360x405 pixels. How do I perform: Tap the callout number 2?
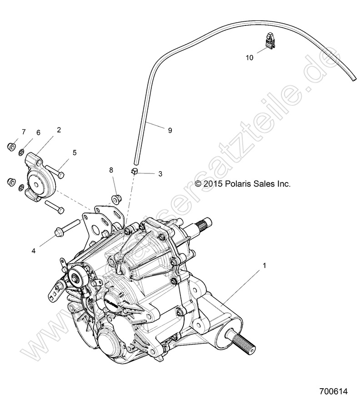59,130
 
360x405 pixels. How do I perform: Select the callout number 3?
160,173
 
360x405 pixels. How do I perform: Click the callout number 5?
75,153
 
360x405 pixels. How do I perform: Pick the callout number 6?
39,132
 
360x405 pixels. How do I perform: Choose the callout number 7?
23,132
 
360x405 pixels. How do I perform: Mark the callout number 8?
111,170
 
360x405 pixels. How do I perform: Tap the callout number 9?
170,130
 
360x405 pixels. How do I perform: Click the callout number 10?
249,58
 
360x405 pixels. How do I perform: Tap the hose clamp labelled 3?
135,171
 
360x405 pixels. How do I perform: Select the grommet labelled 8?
116,198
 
